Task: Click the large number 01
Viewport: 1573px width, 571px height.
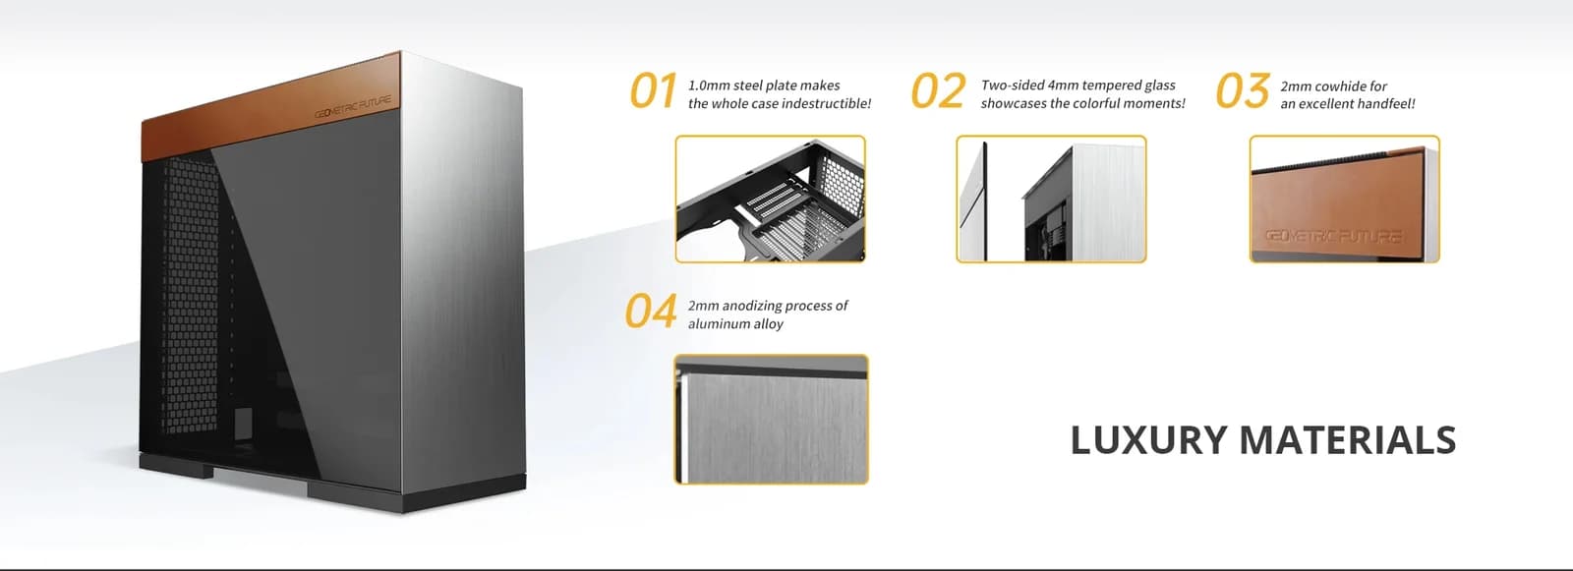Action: (x=653, y=91)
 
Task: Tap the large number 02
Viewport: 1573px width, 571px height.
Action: (x=938, y=91)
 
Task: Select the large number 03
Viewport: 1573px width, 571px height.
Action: (x=1243, y=91)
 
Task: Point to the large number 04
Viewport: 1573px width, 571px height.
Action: (x=651, y=312)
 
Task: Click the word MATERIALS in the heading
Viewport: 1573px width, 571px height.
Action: (x=1348, y=440)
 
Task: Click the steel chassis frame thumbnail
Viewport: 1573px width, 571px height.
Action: (x=771, y=200)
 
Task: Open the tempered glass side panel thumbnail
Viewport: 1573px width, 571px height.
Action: (x=1051, y=200)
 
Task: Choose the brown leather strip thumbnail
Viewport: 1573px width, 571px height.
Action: (x=1345, y=200)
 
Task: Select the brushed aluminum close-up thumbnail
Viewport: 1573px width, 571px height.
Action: (x=771, y=420)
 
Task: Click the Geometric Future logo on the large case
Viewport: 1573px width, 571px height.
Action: (x=353, y=107)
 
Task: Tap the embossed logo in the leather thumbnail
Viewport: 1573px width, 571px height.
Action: (x=1333, y=236)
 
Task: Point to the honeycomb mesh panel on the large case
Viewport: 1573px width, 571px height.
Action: (x=191, y=295)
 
